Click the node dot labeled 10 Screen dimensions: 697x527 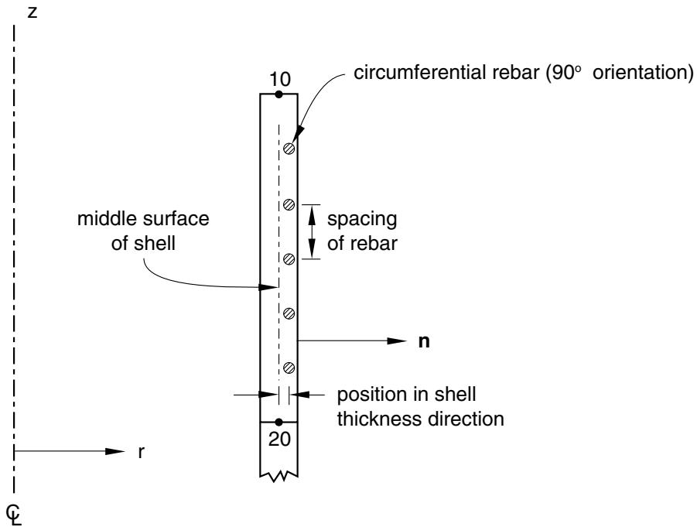pyautogui.click(x=278, y=94)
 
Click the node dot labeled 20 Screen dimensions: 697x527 pyautogui.click(x=278, y=422)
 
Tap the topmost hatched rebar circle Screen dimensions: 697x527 pyautogui.click(x=289, y=148)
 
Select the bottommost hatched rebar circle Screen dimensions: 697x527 pyautogui.click(x=289, y=368)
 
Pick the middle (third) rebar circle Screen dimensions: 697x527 pyautogui.click(x=289, y=258)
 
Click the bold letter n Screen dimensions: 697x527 pyautogui.click(x=424, y=341)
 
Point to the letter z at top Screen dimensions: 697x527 pyautogui.click(x=32, y=12)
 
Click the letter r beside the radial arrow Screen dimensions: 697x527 pyautogui.click(x=141, y=452)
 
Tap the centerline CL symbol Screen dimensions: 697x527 pyautogui.click(x=14, y=515)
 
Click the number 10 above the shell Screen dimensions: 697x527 pyautogui.click(x=280, y=79)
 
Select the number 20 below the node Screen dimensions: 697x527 pyautogui.click(x=279, y=439)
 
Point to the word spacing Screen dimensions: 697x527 pyautogui.click(x=362, y=220)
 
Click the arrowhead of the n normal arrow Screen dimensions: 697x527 pyautogui.click(x=397, y=341)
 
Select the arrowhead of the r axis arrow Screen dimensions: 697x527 pyautogui.click(x=115, y=451)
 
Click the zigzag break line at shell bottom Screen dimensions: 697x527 pyautogui.click(x=278, y=477)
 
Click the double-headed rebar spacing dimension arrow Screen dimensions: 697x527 pyautogui.click(x=312, y=231)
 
